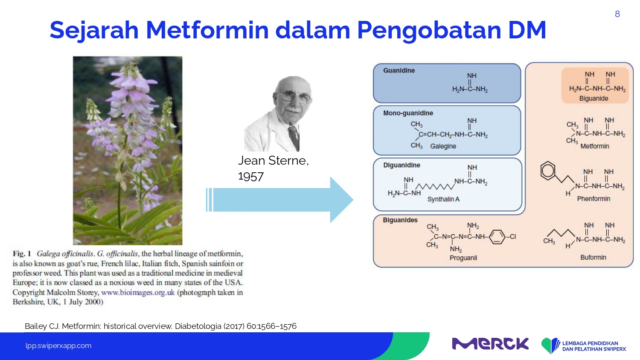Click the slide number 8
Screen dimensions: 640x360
pyautogui.click(x=617, y=14)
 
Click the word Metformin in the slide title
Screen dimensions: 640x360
pyautogui.click(x=207, y=30)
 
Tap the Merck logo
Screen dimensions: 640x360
pyautogui.click(x=490, y=344)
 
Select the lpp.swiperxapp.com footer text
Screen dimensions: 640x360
pyautogui.click(x=58, y=346)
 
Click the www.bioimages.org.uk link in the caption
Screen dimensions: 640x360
pyautogui.click(x=138, y=293)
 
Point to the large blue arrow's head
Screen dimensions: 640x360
pyautogui.click(x=342, y=200)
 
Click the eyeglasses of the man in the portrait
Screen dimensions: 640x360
pyautogui.click(x=293, y=97)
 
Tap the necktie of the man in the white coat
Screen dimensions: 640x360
pyautogui.click(x=294, y=137)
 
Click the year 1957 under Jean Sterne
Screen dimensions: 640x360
pyautogui.click(x=251, y=177)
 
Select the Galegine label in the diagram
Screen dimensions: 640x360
pyautogui.click(x=443, y=146)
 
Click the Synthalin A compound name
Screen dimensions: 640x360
pyautogui.click(x=443, y=199)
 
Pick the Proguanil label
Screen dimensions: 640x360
pyautogui.click(x=463, y=258)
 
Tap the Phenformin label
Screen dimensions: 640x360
pyautogui.click(x=593, y=199)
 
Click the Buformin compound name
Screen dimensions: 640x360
pyautogui.click(x=593, y=258)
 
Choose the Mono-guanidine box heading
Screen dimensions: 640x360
pyautogui.click(x=408, y=113)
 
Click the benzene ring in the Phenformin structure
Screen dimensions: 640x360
pyautogui.click(x=548, y=171)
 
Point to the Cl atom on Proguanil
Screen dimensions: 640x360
pyautogui.click(x=513, y=237)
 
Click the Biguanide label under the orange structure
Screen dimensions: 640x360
pyautogui.click(x=594, y=99)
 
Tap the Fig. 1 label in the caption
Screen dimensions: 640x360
pyautogui.click(x=22, y=254)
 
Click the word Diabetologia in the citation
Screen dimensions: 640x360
pyautogui.click(x=198, y=326)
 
